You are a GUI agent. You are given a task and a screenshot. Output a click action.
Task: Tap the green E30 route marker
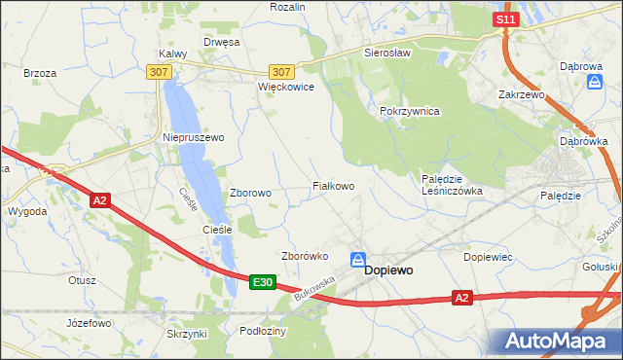(261, 282)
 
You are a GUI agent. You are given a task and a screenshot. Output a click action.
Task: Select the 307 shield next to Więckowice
(281, 72)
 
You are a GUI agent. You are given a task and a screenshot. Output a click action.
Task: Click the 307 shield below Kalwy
(160, 72)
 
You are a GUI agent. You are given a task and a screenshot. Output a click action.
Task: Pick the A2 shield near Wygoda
(100, 200)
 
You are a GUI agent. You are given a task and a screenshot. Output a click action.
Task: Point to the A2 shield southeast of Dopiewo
(463, 299)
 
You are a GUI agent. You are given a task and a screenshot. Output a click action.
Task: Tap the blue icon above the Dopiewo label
(358, 260)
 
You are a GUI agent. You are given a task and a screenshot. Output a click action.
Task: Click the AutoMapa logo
(556, 341)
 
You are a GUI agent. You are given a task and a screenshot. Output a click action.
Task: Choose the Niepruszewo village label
(193, 138)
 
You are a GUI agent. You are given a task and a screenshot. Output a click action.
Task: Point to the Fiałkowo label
(332, 185)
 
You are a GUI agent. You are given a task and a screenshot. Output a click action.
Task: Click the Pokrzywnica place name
(410, 112)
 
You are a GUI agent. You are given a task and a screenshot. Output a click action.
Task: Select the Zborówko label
(302, 257)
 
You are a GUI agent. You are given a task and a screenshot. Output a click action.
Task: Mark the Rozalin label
(287, 7)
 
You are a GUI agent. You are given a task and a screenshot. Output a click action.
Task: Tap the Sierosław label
(384, 53)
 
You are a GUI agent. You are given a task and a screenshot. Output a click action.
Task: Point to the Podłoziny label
(263, 331)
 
